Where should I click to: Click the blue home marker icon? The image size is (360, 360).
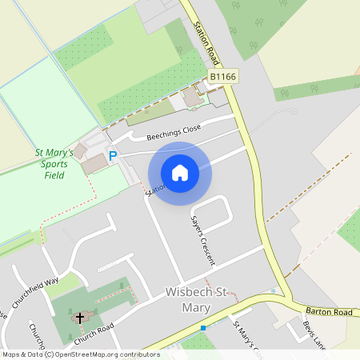(x=180, y=173)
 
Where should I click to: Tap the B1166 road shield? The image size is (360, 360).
(x=223, y=76)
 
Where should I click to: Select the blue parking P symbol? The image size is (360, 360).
(x=113, y=156)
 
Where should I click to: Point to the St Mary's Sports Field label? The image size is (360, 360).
(x=54, y=162)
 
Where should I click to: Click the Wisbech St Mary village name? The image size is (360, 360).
(x=202, y=292)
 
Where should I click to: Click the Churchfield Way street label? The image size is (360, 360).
(x=34, y=292)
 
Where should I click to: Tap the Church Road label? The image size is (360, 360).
(x=95, y=331)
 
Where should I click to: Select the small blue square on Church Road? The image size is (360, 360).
(x=203, y=328)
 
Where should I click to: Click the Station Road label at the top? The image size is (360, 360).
(x=206, y=43)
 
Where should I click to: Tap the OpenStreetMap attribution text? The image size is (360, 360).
(x=80, y=354)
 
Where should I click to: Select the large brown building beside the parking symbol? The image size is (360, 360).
(x=94, y=164)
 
